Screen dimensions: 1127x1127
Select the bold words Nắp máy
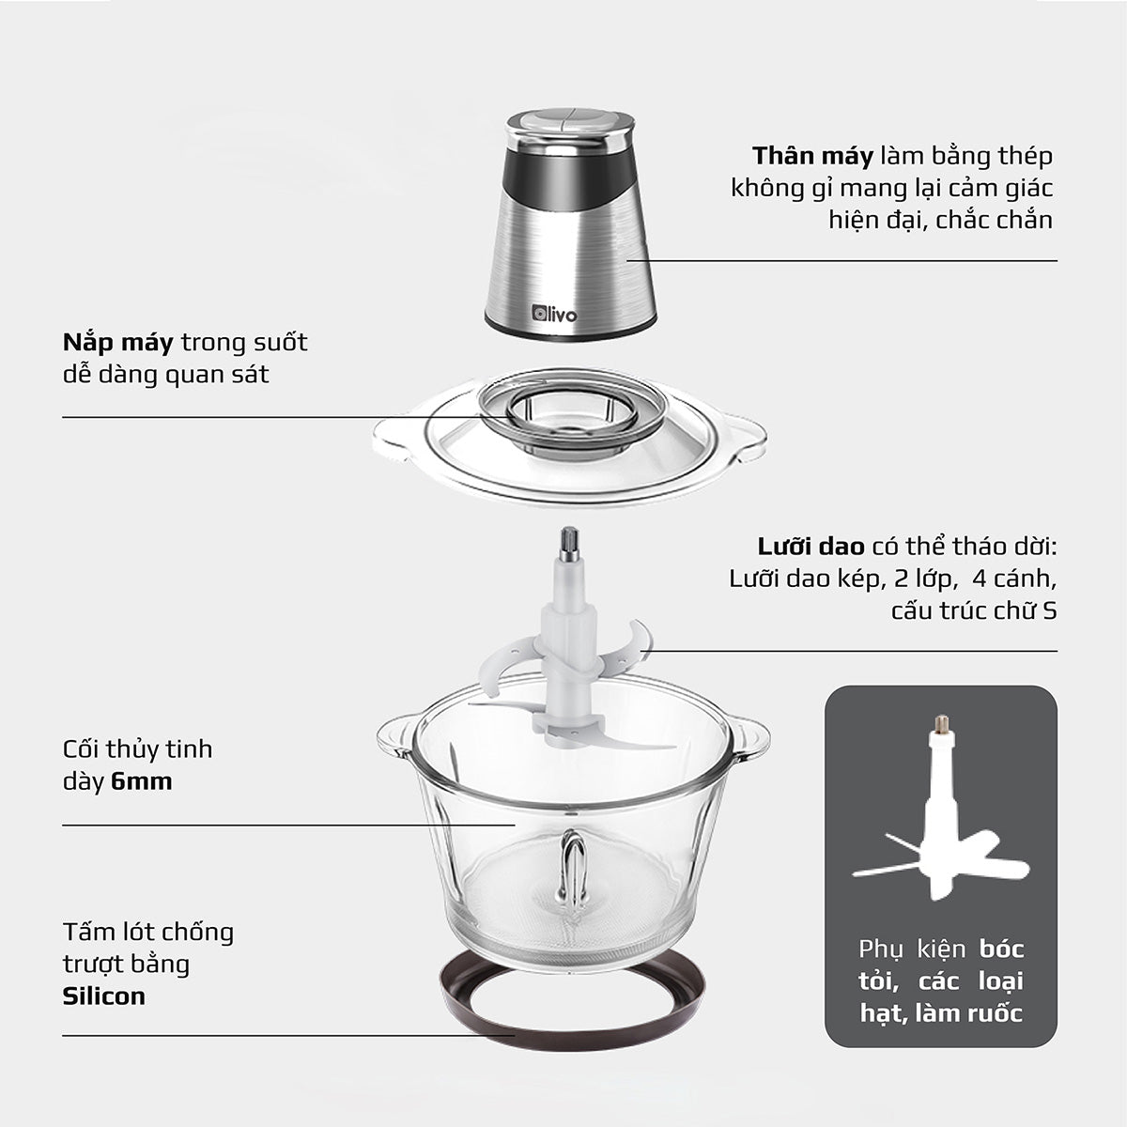tap(118, 342)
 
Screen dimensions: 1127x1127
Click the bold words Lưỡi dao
tap(811, 548)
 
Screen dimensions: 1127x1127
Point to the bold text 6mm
tap(141, 781)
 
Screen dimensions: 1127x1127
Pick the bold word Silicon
tap(104, 996)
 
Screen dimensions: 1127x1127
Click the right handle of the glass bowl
tap(749, 733)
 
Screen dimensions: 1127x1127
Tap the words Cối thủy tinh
tap(137, 749)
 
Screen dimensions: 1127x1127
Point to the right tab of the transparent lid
tap(748, 437)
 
